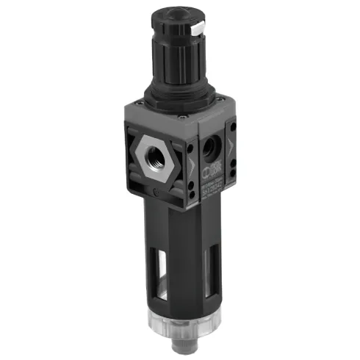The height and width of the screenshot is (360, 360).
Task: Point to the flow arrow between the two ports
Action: click(192, 165)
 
